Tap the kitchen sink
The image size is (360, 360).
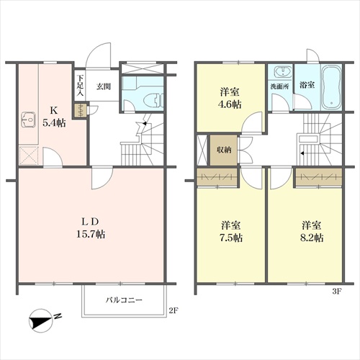29,120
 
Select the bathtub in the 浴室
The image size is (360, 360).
331,87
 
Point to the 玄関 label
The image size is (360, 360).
104,86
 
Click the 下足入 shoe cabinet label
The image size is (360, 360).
80,86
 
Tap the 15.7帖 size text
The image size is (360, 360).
91,234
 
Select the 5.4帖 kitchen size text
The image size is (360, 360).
54,123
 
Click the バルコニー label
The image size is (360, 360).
125,300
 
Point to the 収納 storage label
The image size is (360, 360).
224,150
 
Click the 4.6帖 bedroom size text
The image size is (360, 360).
230,104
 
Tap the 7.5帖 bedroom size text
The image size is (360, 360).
231,238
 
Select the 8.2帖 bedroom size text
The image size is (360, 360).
312,238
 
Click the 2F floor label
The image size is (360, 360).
174,311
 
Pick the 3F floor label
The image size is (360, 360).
337,292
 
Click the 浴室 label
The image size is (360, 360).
307,85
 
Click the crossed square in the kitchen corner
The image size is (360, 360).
29,156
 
